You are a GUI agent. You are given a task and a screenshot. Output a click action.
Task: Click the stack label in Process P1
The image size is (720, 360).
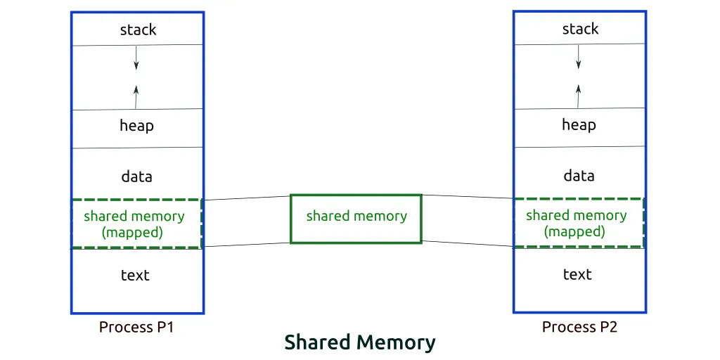pyautogui.click(x=139, y=30)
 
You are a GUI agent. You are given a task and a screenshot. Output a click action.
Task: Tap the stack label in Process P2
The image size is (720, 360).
pyautogui.click(x=580, y=29)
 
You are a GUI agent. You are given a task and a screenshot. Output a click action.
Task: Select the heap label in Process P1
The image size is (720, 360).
pyautogui.click(x=136, y=125)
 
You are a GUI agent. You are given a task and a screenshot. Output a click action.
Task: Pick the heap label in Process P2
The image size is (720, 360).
pyautogui.click(x=579, y=124)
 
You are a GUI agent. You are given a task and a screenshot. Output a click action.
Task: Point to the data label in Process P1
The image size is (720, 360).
pyautogui.click(x=136, y=176)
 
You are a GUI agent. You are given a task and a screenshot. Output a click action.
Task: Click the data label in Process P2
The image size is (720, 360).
pyautogui.click(x=579, y=175)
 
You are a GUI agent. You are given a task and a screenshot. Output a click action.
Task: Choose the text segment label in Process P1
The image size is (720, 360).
pyautogui.click(x=135, y=275)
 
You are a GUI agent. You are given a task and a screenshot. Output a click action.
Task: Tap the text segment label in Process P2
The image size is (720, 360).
pyautogui.click(x=577, y=274)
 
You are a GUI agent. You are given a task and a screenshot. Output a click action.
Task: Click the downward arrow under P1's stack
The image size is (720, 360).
pyautogui.click(x=136, y=58)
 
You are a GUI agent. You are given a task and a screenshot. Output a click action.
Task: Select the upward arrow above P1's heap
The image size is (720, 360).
pyautogui.click(x=136, y=96)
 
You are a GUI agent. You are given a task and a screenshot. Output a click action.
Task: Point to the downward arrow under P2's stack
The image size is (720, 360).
pyautogui.click(x=578, y=56)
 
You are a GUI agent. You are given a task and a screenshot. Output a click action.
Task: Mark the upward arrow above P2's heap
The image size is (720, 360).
pyautogui.click(x=578, y=96)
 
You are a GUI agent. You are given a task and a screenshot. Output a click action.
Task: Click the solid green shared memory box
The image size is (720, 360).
pyautogui.click(x=356, y=219)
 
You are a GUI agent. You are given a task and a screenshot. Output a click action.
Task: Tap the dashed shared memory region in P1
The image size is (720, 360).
pyautogui.click(x=136, y=224)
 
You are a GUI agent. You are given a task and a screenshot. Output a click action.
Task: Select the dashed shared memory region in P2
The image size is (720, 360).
pyautogui.click(x=579, y=223)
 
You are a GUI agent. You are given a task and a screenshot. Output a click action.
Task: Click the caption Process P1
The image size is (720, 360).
pyautogui.click(x=136, y=327)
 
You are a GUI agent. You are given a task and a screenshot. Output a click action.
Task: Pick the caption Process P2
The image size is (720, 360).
pyautogui.click(x=579, y=326)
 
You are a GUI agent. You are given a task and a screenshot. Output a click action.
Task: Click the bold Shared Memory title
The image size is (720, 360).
pyautogui.click(x=359, y=342)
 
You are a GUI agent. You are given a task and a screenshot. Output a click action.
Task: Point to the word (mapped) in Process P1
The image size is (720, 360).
pyautogui.click(x=132, y=232)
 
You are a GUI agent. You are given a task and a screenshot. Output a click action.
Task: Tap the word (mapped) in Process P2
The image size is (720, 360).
pyautogui.click(x=574, y=231)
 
